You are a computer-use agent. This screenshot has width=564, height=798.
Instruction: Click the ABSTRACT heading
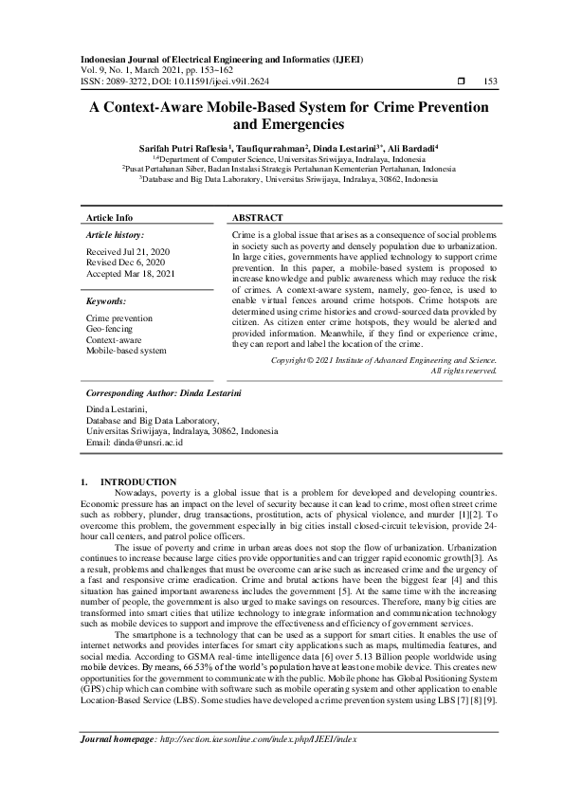(x=259, y=217)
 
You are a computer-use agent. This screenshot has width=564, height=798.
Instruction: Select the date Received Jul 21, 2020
(x=126, y=251)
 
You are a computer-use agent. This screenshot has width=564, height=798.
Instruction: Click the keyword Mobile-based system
(x=126, y=350)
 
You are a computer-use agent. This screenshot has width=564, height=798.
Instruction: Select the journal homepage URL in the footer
(x=255, y=765)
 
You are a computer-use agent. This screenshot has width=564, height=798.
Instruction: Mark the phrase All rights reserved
(x=464, y=371)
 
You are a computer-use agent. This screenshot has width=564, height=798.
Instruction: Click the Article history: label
(x=115, y=233)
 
